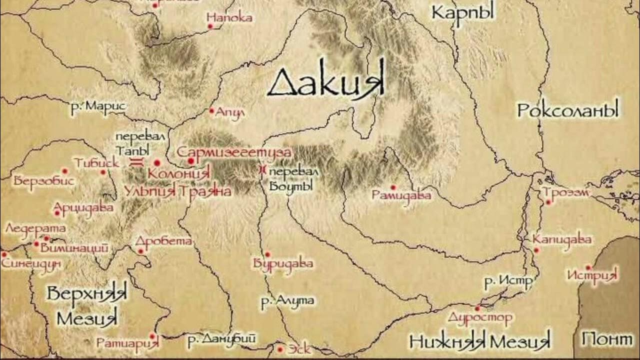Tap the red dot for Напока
(210, 26)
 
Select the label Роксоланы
(568, 109)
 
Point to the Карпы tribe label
(462, 12)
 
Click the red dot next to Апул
(211, 110)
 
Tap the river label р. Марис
(98, 106)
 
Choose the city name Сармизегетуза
(234, 151)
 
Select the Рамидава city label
(401, 195)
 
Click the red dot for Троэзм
(548, 202)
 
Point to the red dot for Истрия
(588, 267)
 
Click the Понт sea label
(606, 339)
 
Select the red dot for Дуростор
(477, 308)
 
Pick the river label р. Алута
(287, 301)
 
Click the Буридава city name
(283, 263)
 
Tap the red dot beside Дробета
(141, 251)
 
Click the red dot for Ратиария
(151, 336)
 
